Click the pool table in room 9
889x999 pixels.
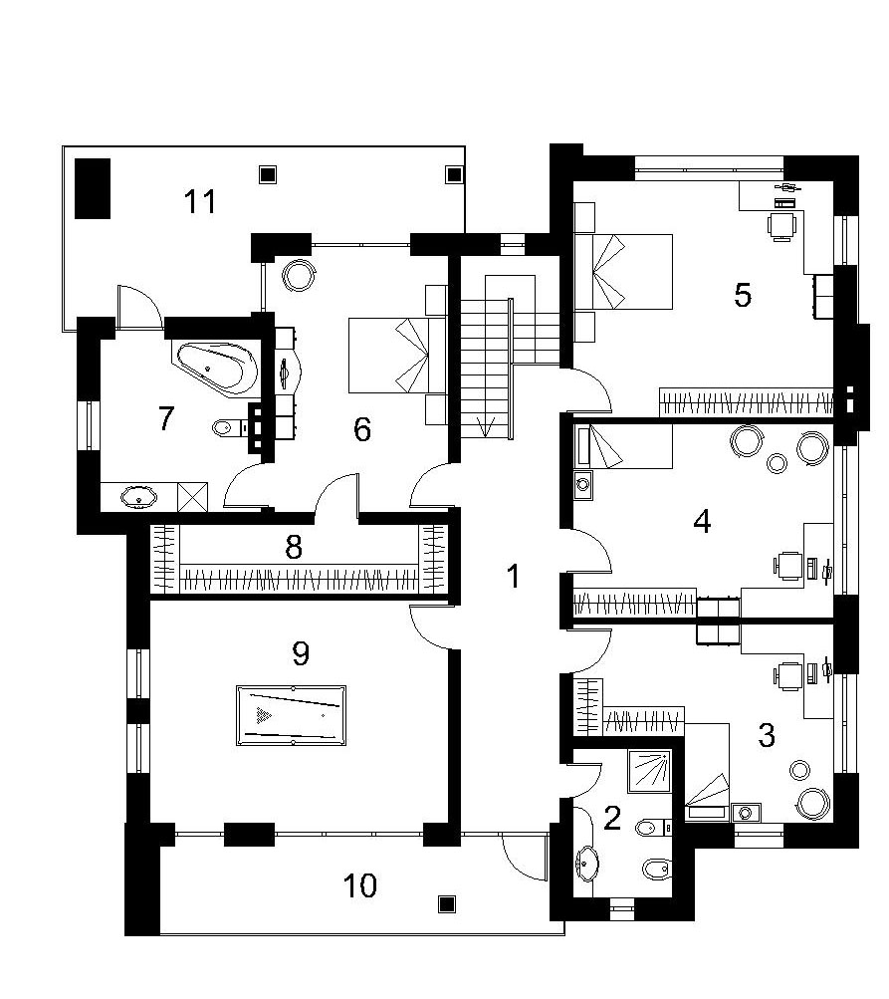[291, 715]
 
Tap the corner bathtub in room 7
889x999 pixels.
[215, 369]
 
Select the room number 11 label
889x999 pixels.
[200, 201]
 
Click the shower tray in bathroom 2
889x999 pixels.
[650, 772]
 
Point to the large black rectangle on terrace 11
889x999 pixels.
[93, 188]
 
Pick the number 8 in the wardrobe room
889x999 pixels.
[293, 547]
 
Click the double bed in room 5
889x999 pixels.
[624, 272]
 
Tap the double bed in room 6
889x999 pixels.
[389, 355]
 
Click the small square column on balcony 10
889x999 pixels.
[446, 903]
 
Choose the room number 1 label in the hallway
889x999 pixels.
[513, 576]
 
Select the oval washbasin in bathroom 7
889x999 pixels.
[139, 498]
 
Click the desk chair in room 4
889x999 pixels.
[787, 566]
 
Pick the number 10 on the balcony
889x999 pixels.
[359, 885]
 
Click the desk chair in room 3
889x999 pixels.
[787, 676]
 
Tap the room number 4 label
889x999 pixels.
[702, 522]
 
